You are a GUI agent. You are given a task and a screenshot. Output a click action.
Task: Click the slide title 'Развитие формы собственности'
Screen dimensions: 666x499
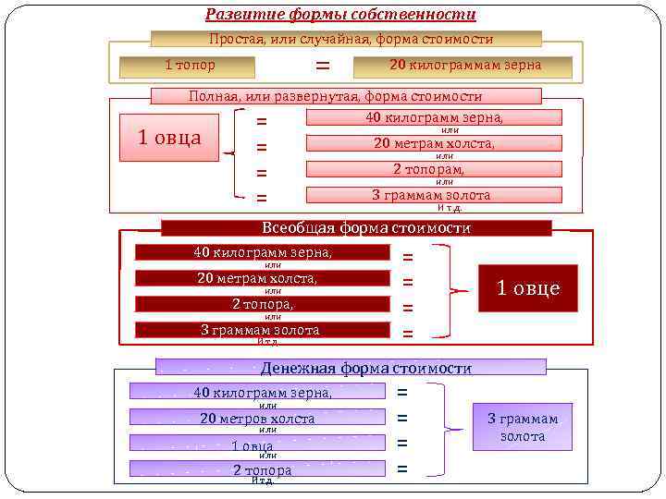(x=340, y=15)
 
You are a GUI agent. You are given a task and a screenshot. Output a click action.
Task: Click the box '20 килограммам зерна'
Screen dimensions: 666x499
(x=465, y=66)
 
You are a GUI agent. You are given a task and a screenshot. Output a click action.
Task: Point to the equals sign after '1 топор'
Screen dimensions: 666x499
(x=322, y=66)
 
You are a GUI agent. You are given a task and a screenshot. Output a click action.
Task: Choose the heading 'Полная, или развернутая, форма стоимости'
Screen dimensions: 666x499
(x=335, y=96)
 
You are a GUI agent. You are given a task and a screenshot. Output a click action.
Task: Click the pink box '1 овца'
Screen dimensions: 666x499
(x=169, y=138)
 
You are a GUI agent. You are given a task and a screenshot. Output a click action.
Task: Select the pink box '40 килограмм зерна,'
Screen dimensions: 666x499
(x=434, y=117)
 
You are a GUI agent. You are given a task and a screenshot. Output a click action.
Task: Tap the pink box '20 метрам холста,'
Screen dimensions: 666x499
(x=434, y=143)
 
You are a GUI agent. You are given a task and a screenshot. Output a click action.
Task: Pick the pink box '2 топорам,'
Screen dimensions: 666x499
(x=434, y=169)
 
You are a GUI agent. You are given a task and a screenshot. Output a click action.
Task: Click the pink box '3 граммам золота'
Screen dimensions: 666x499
(x=434, y=195)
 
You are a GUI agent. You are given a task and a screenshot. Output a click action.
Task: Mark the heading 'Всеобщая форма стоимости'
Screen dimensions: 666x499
(x=356, y=228)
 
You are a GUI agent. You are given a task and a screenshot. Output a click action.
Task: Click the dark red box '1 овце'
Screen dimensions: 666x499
(x=528, y=288)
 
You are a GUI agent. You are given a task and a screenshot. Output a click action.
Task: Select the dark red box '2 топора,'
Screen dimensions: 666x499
(x=263, y=304)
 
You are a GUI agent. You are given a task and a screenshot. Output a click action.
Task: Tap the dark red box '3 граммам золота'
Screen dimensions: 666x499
(x=263, y=330)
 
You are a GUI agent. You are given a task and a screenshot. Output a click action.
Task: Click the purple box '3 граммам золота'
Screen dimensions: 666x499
(x=523, y=427)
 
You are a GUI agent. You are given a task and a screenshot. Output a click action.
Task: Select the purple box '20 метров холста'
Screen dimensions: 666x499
(x=256, y=418)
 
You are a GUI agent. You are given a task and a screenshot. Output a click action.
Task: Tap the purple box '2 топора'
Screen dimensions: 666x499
(x=256, y=469)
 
